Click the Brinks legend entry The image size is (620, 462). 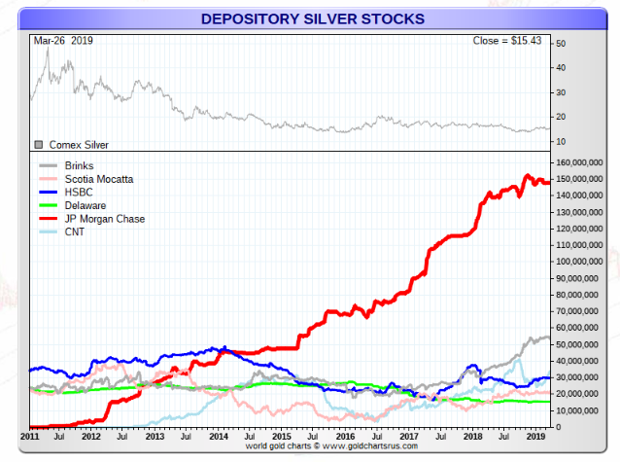(81, 166)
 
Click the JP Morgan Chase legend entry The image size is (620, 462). (104, 219)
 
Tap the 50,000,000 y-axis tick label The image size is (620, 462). (586, 344)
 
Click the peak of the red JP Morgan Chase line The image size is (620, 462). (526, 176)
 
